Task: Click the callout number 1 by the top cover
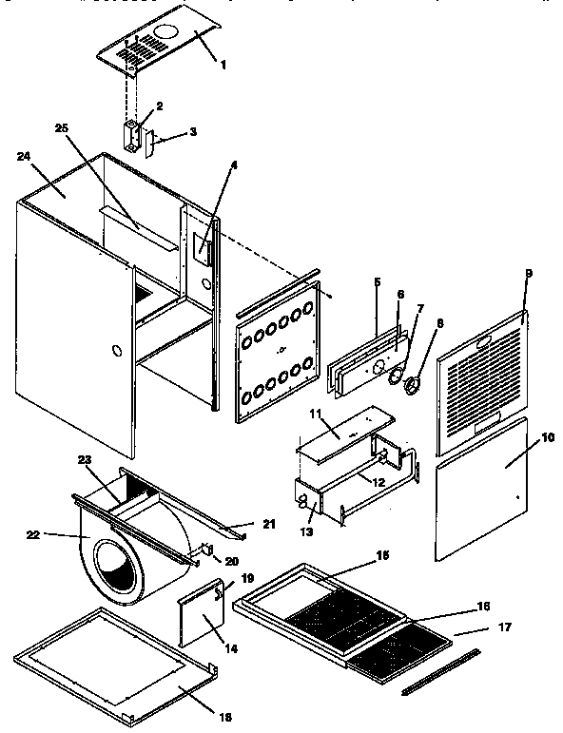[x=223, y=66]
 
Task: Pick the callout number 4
[x=233, y=164]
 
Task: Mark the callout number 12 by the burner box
[x=378, y=483]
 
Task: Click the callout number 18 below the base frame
[x=224, y=716]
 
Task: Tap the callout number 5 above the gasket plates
[x=377, y=282]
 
